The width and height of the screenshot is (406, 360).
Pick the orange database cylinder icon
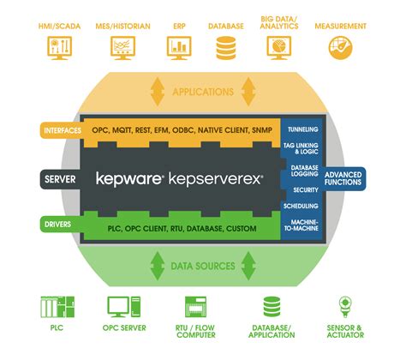(225, 49)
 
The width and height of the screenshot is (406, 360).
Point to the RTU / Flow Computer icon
(195, 308)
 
